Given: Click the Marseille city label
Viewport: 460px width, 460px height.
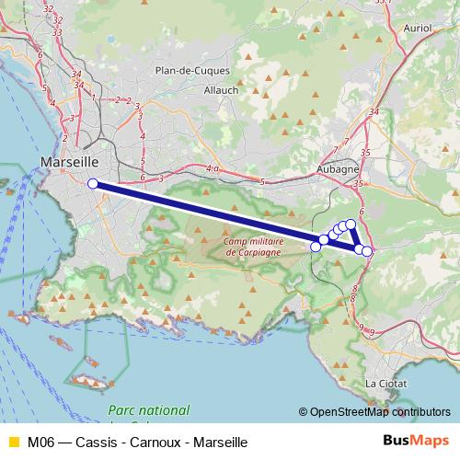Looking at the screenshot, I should click(x=69, y=162).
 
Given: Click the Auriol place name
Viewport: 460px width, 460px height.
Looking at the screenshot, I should click(x=418, y=29).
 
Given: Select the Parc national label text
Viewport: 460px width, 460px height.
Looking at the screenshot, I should click(x=148, y=410).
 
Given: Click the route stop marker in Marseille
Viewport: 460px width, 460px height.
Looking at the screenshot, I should click(x=93, y=183).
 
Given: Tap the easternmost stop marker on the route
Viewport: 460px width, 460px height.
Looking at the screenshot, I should click(x=367, y=251).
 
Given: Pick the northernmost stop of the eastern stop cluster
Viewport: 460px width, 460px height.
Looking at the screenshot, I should click(x=351, y=224).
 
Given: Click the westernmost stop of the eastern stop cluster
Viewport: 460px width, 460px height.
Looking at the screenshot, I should click(x=316, y=246).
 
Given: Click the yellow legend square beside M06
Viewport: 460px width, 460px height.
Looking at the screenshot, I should click(x=13, y=443).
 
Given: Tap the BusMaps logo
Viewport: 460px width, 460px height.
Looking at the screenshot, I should click(x=416, y=442).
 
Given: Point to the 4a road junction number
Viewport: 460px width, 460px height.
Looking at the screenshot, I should click(x=213, y=168).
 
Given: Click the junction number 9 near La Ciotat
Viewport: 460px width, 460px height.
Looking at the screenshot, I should click(x=373, y=329).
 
